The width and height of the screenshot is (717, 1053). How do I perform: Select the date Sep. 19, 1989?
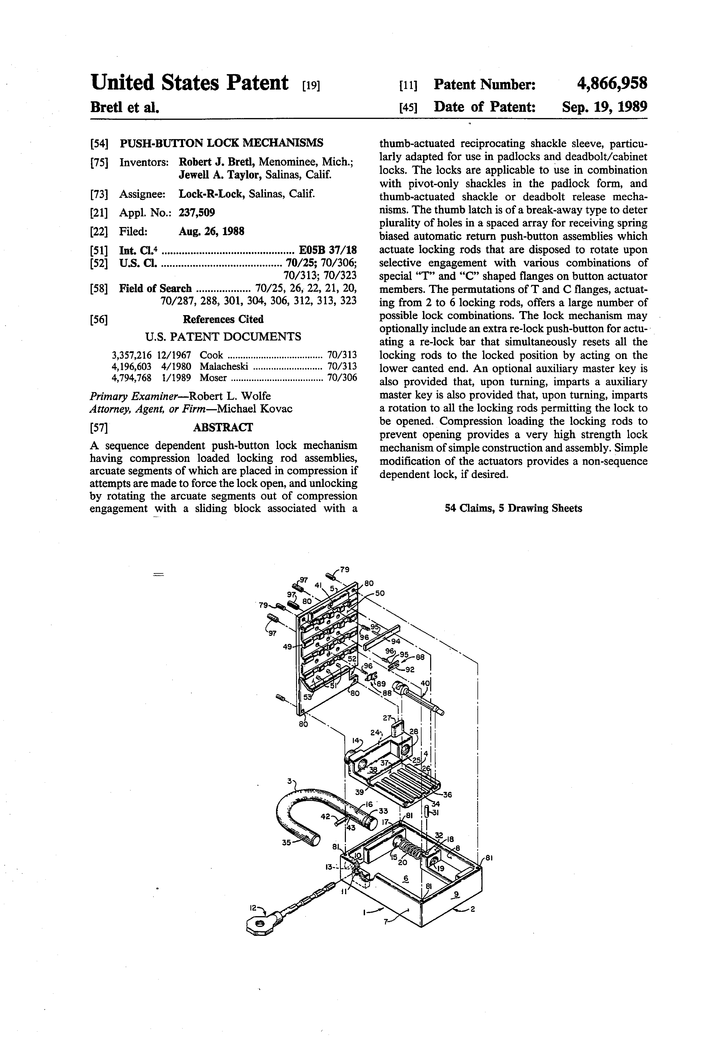click(604, 107)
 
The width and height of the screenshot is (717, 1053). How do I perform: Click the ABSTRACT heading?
click(223, 427)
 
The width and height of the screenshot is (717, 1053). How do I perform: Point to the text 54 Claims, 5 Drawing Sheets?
click(513, 508)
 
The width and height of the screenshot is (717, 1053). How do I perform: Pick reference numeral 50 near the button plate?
click(379, 593)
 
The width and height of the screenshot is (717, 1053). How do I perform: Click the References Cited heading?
click(223, 319)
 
